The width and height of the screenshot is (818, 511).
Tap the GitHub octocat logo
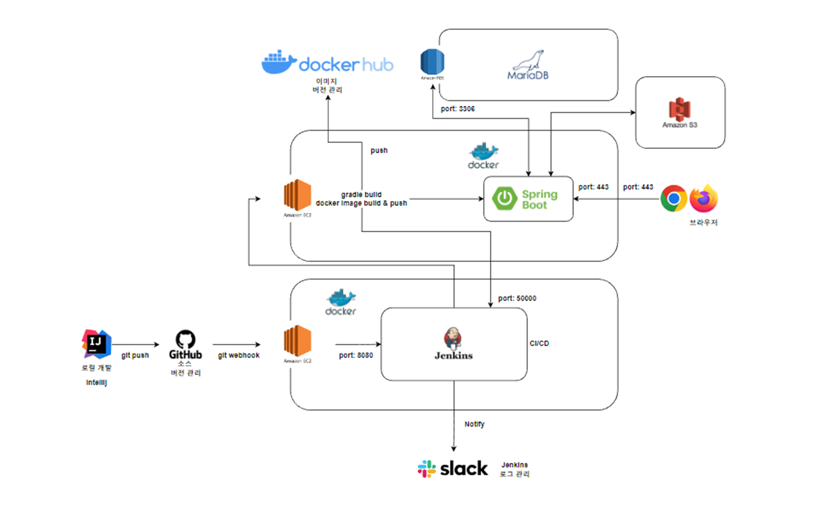tap(185, 339)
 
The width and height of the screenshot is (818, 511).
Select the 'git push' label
tap(135, 355)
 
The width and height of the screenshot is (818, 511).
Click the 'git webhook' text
tap(239, 355)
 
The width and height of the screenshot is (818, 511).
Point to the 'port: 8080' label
tap(356, 355)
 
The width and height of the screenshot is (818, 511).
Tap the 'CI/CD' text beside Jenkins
tap(539, 343)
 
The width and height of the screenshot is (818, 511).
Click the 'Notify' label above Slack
tap(474, 424)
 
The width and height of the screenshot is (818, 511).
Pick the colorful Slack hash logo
tap(427, 469)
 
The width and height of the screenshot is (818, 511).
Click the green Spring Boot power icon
tap(504, 199)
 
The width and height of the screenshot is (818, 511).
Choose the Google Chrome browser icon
tap(674, 198)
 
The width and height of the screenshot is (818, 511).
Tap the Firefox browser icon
tap(704, 198)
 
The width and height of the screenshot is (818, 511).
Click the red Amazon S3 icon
tap(680, 109)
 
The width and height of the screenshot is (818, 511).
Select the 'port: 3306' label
tap(458, 109)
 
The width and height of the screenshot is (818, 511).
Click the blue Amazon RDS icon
tap(432, 62)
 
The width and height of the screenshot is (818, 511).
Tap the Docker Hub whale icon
tap(279, 62)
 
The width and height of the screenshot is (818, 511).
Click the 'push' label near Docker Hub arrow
tap(379, 150)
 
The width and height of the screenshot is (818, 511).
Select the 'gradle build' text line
tap(361, 195)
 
